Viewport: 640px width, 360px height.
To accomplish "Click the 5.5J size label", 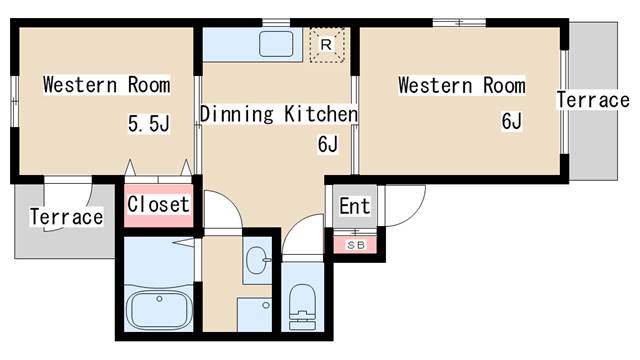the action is pyautogui.click(x=149, y=124).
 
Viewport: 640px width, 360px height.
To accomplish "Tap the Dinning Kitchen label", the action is pyautogui.click(x=279, y=114).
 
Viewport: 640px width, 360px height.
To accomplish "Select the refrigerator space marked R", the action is pyautogui.click(x=327, y=45).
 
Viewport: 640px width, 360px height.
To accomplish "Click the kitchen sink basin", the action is pyautogui.click(x=276, y=44).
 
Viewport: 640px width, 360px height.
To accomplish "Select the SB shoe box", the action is pyautogui.click(x=356, y=245).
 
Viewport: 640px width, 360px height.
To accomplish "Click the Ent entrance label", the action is pyautogui.click(x=355, y=206).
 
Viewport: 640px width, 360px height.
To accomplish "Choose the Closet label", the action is pyautogui.click(x=158, y=204).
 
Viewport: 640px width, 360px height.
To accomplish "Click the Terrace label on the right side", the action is pyautogui.click(x=593, y=100).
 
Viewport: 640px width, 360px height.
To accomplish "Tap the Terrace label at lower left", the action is pyautogui.click(x=67, y=217).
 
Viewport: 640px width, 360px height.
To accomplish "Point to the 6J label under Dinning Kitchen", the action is pyautogui.click(x=328, y=144).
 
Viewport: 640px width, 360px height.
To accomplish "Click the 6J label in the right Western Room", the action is pyautogui.click(x=512, y=121).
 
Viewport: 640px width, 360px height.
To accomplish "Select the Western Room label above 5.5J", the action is pyautogui.click(x=107, y=85).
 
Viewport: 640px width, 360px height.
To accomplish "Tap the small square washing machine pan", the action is pyautogui.click(x=255, y=314).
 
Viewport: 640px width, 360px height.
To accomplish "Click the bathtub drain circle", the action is pyautogui.click(x=159, y=299).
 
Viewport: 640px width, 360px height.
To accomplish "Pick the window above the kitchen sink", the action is pyautogui.click(x=276, y=22).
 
